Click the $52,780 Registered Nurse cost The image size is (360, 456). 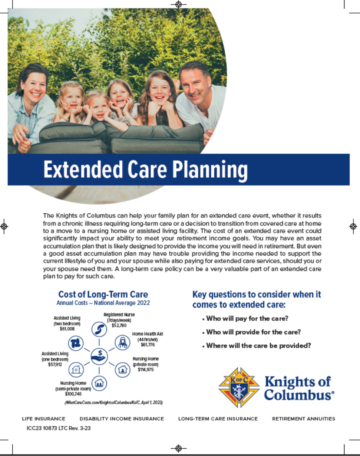pos(119,325)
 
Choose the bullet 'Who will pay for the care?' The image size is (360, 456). pos(247,318)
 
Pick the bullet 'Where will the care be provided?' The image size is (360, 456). pos(258,345)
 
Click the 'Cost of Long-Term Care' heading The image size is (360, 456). pos(103,295)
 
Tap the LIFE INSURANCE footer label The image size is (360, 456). pos(44,419)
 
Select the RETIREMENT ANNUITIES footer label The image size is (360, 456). pos(303,419)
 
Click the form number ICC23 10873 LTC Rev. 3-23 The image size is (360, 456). pos(59,428)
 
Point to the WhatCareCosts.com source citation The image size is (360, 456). pos(114,402)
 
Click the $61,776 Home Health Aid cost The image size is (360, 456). pos(148,345)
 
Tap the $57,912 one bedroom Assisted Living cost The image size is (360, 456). pos(55,364)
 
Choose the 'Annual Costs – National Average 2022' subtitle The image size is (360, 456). pos(103,303)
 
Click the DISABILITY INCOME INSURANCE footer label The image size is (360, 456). pos(122,419)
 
